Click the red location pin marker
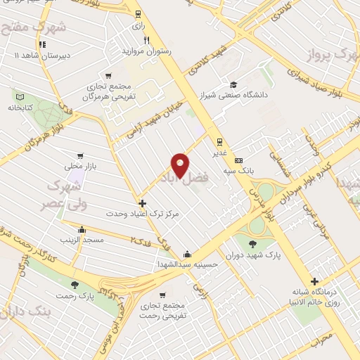pyautogui.click(x=181, y=165)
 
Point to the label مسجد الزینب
pyautogui.click(x=82, y=240)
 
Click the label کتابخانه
pyautogui.click(x=20, y=108)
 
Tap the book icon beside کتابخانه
pyautogui.click(x=20, y=97)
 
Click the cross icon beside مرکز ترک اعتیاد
pyautogui.click(x=143, y=202)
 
